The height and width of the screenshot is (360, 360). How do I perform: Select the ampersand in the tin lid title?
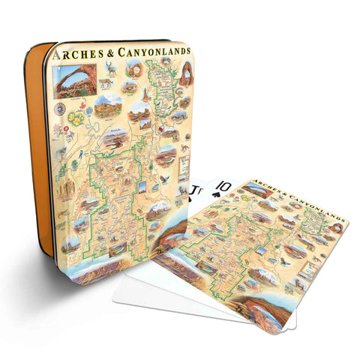pyautogui.click(x=109, y=54)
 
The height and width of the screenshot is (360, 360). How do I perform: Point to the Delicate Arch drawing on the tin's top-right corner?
pyautogui.click(x=186, y=74)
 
